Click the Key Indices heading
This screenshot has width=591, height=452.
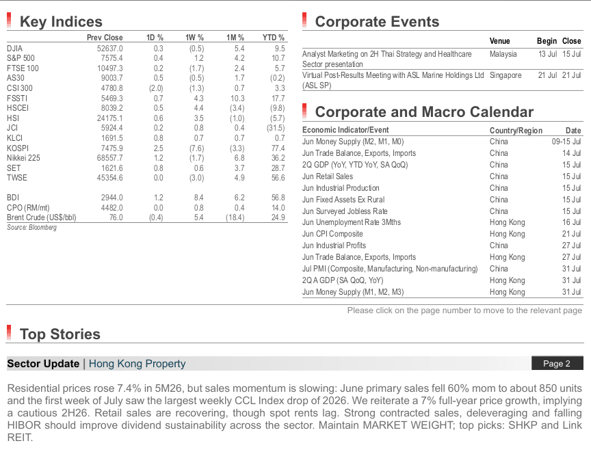(x=61, y=22)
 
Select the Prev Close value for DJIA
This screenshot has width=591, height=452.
(x=109, y=49)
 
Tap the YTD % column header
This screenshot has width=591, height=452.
(x=273, y=38)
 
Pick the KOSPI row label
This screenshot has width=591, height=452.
(x=18, y=148)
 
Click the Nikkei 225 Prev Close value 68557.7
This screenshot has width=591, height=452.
(x=109, y=158)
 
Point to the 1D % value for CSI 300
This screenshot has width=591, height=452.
(x=156, y=88)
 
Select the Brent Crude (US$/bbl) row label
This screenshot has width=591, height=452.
(x=42, y=217)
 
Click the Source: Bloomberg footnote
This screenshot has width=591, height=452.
(x=31, y=228)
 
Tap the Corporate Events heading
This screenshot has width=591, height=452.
(x=377, y=22)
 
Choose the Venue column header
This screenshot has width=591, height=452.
(x=499, y=41)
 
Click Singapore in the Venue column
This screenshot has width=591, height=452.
(x=505, y=75)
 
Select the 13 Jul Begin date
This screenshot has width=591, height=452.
(x=547, y=54)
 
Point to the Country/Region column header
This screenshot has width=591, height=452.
(x=516, y=131)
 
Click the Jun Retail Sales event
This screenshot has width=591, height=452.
(x=328, y=176)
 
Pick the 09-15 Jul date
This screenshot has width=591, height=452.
(x=566, y=142)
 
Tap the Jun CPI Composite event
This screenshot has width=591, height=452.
(x=332, y=234)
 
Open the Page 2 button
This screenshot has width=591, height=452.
(x=557, y=364)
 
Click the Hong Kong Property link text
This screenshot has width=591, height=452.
(x=137, y=364)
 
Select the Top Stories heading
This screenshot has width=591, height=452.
(x=60, y=334)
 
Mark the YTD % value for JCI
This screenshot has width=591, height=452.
(x=276, y=128)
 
